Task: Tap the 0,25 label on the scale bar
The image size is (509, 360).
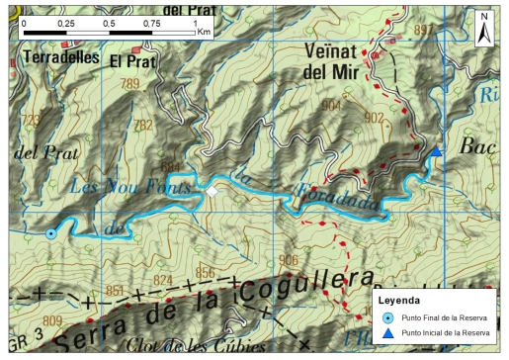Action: click(x=65, y=21)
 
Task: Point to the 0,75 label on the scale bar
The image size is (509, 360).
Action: click(x=151, y=21)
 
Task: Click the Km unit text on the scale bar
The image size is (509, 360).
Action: click(x=205, y=32)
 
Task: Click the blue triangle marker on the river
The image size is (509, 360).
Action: click(x=435, y=151)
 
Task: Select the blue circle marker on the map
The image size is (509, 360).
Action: click(x=50, y=233)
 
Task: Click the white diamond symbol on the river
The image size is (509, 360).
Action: click(x=211, y=191)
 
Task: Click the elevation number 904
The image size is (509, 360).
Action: click(x=331, y=105)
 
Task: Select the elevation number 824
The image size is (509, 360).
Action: click(x=163, y=280)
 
